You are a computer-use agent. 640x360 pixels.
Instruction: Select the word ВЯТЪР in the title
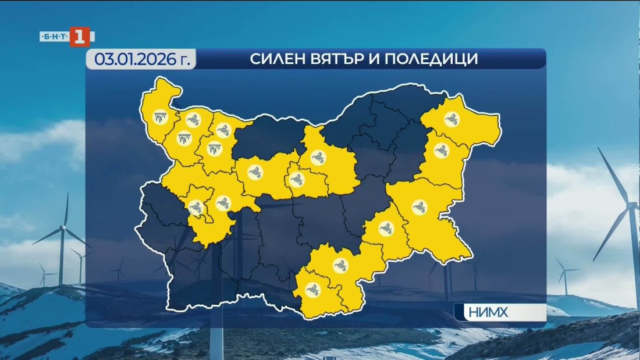point(337,59)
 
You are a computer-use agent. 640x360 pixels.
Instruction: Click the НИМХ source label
point(488,313)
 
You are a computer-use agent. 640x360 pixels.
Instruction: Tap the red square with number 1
point(80,37)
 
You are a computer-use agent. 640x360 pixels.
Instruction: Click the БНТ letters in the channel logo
point(54,37)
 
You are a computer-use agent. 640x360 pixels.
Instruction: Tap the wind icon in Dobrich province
point(451,120)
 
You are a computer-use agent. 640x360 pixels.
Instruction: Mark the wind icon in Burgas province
point(418,206)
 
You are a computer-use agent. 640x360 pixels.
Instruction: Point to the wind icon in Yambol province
point(385,227)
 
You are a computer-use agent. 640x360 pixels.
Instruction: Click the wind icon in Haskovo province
point(339,265)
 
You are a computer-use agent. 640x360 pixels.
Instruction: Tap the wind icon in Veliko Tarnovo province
point(318,156)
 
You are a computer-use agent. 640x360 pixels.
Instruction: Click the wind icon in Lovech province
point(254,172)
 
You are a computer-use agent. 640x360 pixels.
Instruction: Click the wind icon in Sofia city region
point(195,206)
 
